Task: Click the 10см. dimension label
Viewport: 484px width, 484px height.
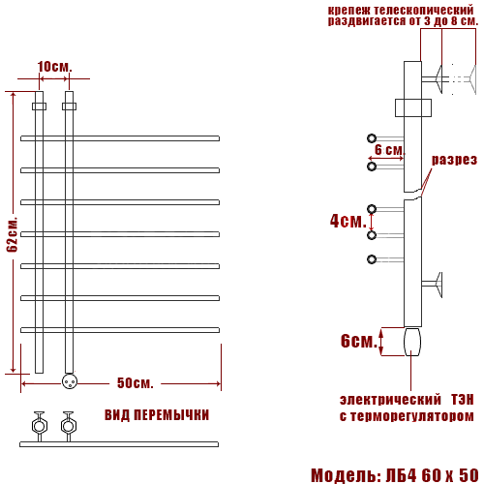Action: tap(54, 67)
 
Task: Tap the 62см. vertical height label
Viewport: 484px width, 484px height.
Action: tap(13, 234)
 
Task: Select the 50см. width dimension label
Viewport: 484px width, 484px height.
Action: tap(135, 383)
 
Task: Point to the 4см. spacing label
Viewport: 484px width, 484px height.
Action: tap(348, 221)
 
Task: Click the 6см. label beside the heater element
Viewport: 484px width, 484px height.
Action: tap(359, 341)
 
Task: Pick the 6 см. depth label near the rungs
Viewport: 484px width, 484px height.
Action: tap(389, 150)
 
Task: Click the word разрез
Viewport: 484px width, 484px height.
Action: tap(454, 160)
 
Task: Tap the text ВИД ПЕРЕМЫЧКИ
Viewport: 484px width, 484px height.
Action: tap(157, 415)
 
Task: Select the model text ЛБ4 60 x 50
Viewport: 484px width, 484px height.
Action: tap(433, 475)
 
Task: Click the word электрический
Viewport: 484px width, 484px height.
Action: tap(390, 400)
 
